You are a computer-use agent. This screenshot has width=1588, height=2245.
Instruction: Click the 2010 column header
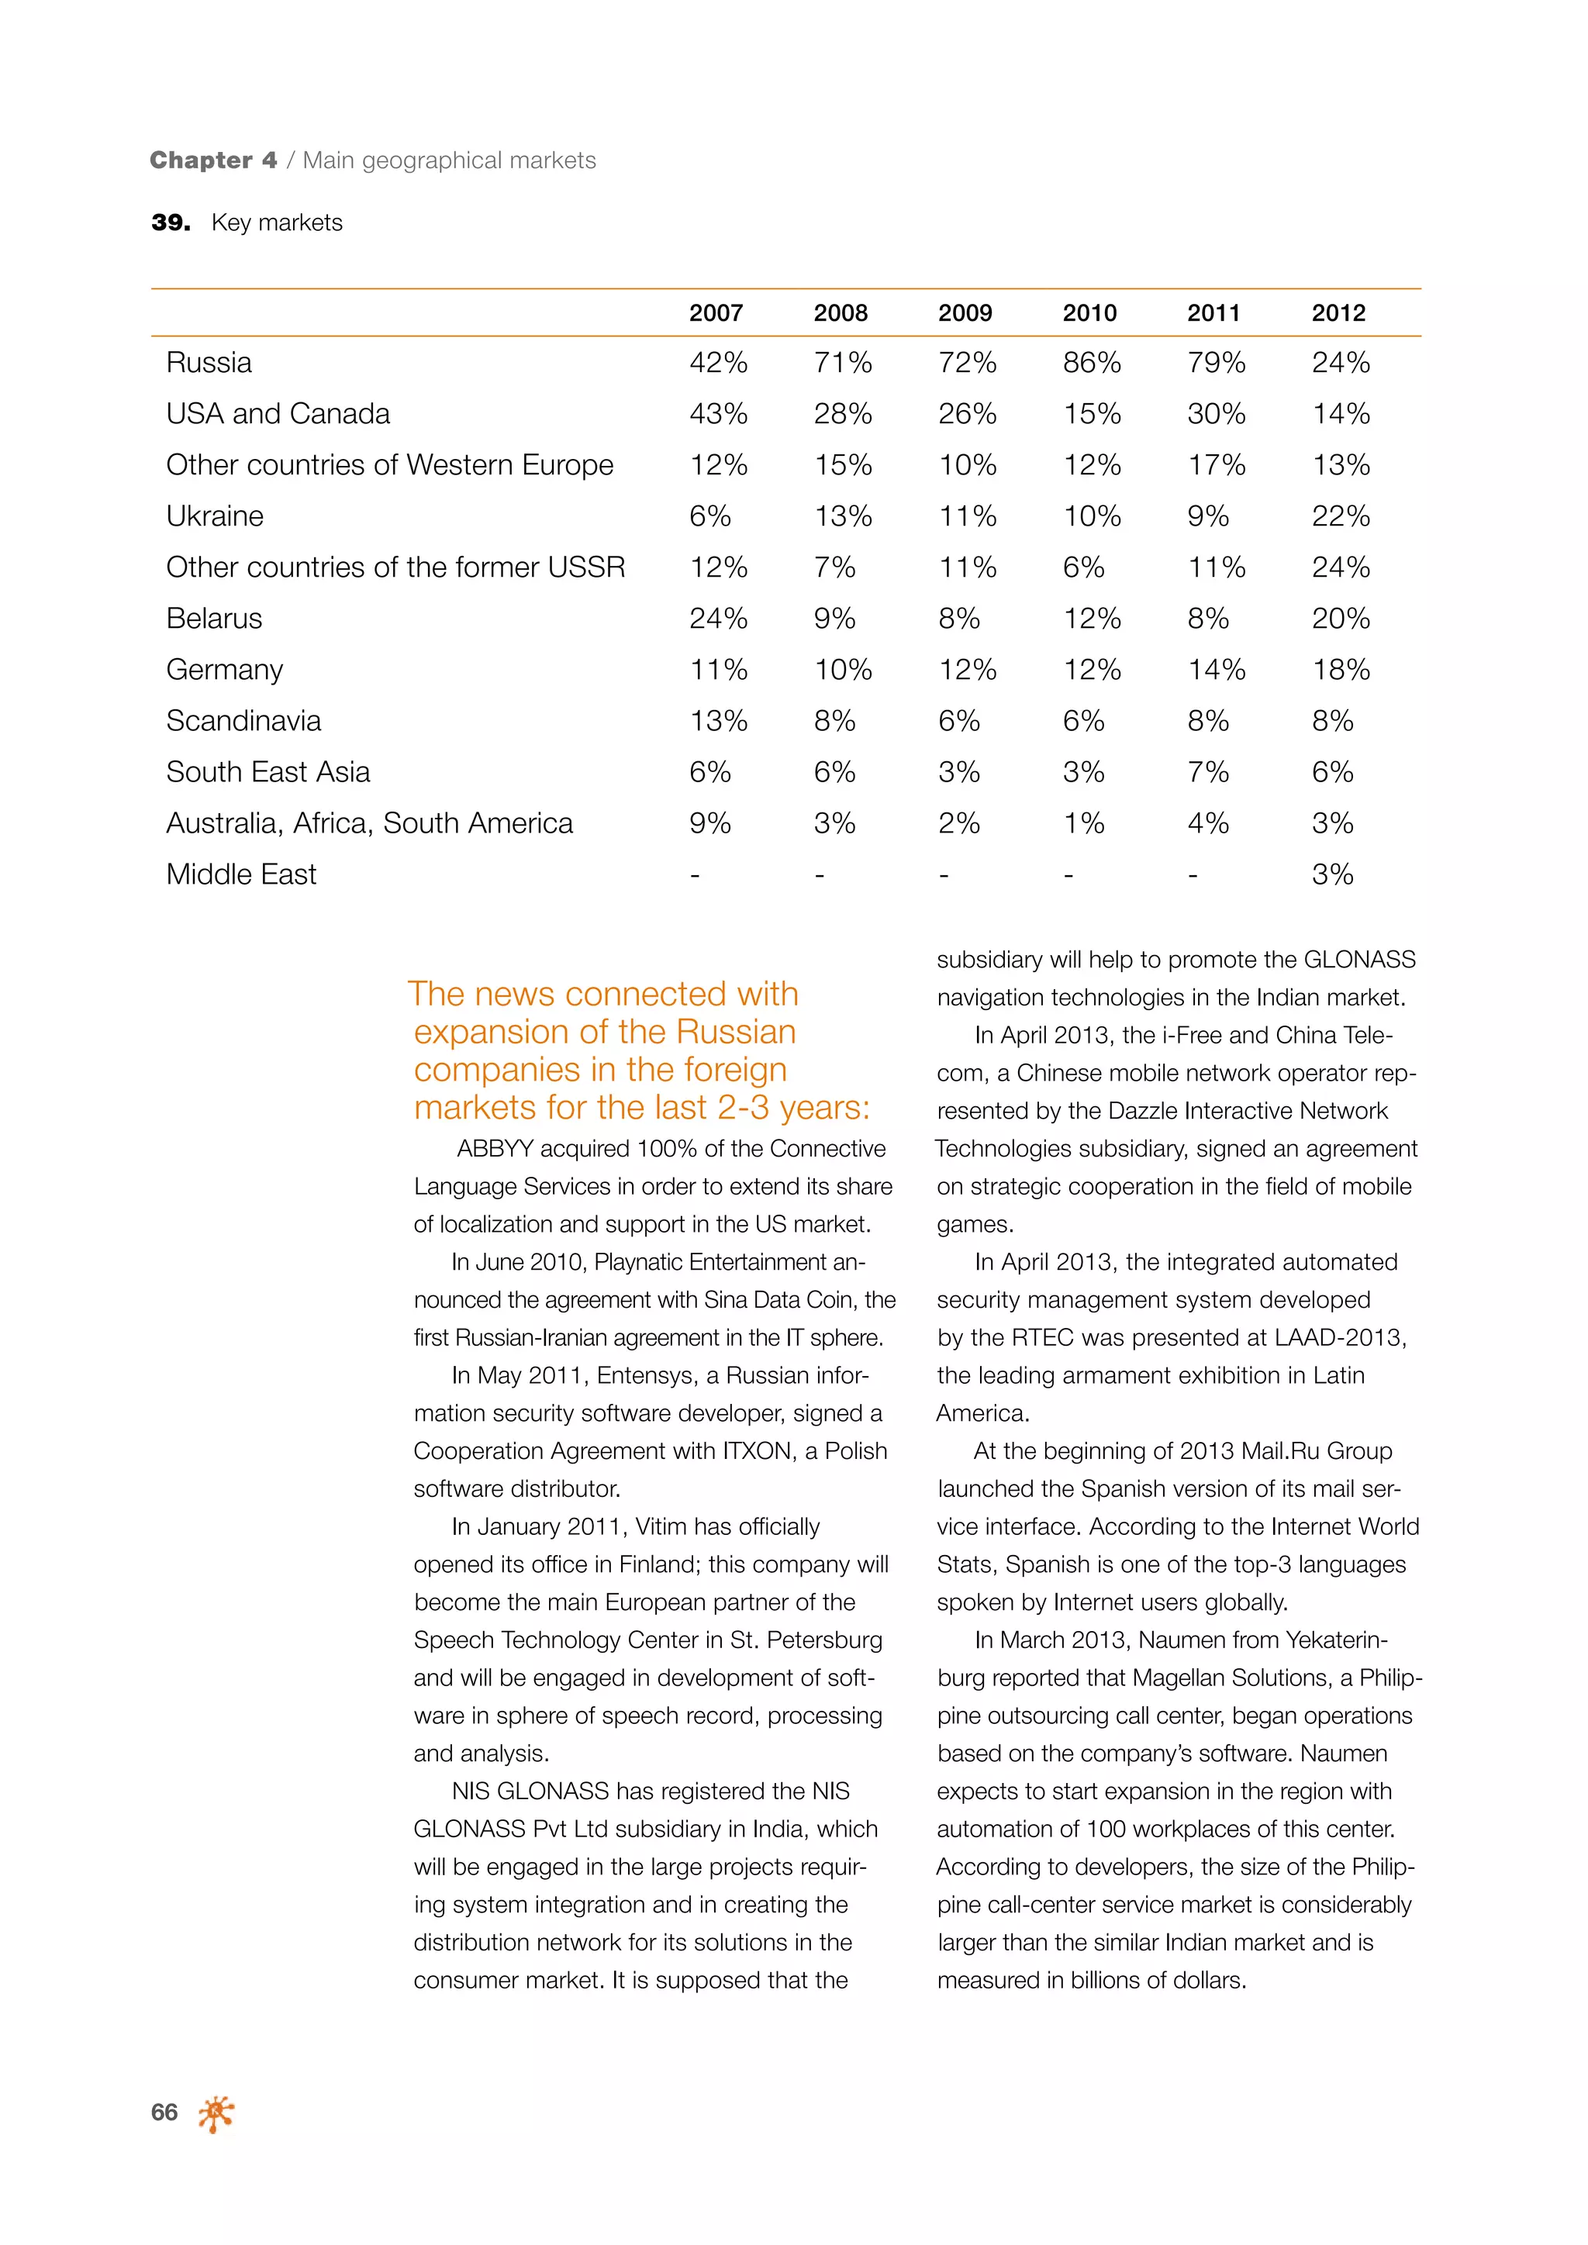coord(1089,313)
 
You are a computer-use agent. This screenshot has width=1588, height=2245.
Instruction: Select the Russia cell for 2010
coord(1091,363)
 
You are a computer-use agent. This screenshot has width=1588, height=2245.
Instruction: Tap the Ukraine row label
coord(214,516)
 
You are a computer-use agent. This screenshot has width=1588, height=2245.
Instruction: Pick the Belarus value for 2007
coord(718,619)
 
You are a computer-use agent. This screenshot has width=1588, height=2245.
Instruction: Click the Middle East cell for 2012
coord(1332,874)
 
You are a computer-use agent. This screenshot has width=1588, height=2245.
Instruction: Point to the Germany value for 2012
coord(1340,670)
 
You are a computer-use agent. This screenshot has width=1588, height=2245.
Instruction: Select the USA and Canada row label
coord(278,415)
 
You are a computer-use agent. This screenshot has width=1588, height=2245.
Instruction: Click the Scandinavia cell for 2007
coord(718,722)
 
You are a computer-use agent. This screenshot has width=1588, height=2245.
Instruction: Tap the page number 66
coord(164,2112)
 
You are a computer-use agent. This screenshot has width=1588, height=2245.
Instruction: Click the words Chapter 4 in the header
coord(213,160)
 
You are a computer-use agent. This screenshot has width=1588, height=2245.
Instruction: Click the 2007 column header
coord(716,313)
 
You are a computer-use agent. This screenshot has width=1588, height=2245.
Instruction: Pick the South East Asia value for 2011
coord(1207,772)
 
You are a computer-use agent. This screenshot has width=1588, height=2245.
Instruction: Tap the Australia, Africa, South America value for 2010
coord(1082,823)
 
